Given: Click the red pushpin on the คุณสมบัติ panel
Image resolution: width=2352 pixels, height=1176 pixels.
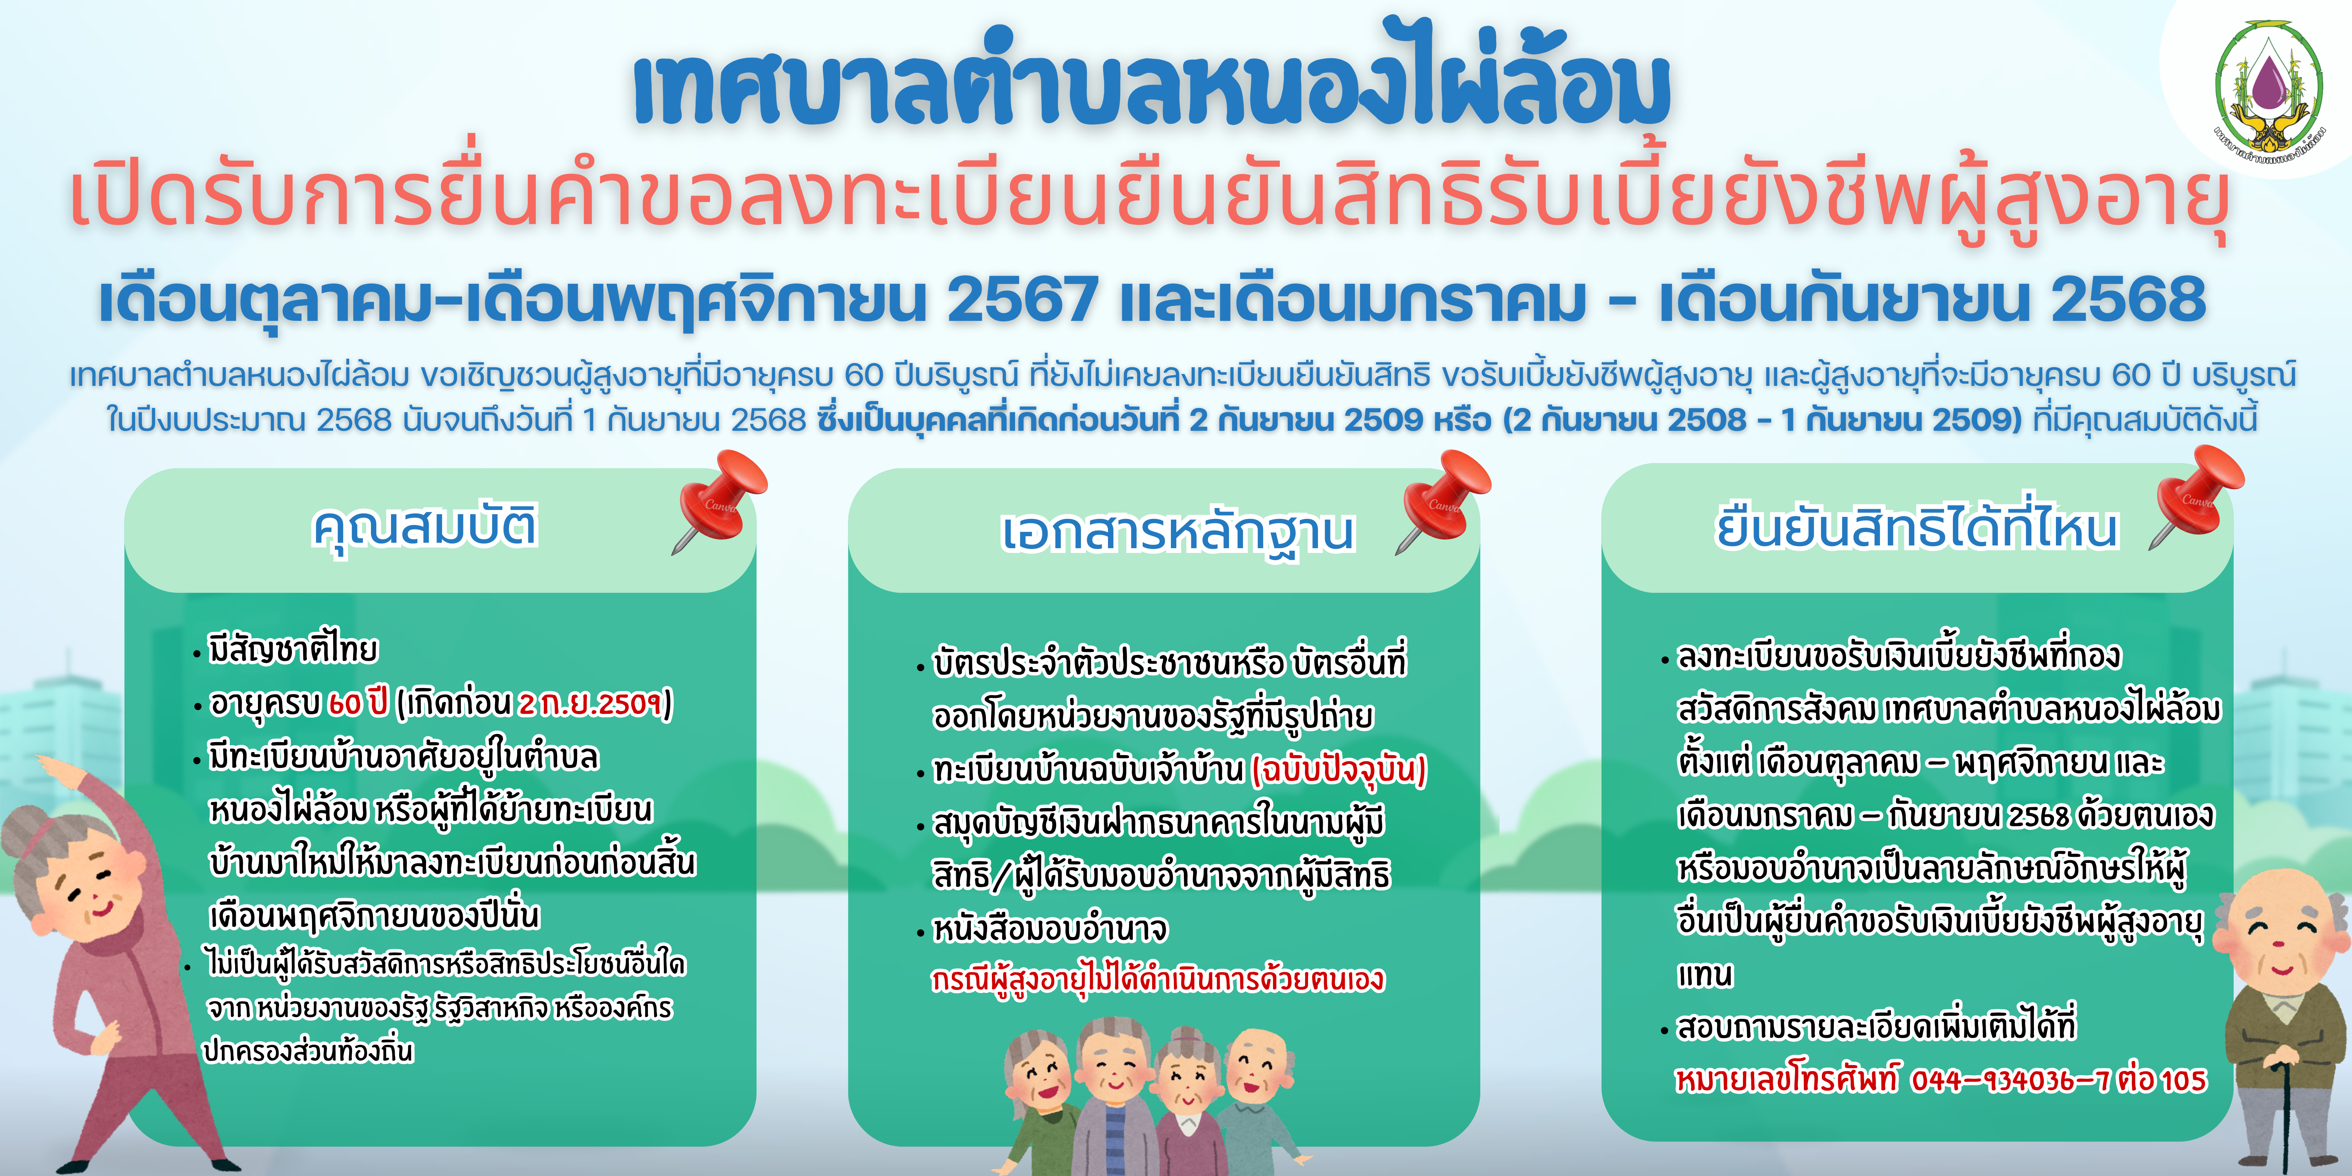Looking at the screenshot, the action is [719, 500].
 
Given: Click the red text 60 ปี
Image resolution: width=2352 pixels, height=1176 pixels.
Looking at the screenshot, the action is [358, 703].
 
